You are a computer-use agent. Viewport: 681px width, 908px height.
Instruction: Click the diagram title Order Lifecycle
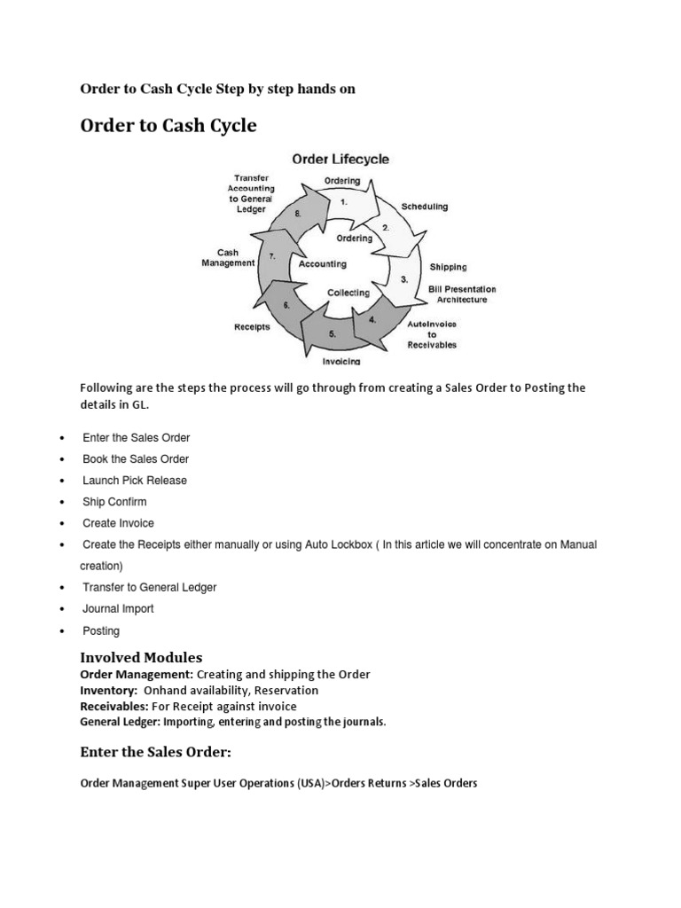tap(340, 160)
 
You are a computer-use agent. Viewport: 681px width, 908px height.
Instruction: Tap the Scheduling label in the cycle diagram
tap(425, 207)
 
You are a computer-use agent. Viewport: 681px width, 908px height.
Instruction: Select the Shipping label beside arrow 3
tap(448, 266)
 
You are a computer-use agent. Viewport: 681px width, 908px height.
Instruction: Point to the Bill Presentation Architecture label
tap(462, 294)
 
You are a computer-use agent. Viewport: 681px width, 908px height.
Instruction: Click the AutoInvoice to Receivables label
tap(432, 334)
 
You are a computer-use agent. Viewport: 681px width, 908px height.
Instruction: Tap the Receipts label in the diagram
tap(252, 325)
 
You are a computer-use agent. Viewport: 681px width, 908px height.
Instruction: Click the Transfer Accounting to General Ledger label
tap(252, 193)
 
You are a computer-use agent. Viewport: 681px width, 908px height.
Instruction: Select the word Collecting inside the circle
tap(348, 292)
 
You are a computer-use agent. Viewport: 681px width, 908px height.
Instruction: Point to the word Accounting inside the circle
tap(323, 263)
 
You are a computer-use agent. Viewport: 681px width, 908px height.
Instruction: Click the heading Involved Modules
tap(141, 657)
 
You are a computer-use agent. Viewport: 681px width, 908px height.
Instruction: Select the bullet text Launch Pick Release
tap(135, 480)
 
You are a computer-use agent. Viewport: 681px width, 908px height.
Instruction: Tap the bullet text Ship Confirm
tap(115, 502)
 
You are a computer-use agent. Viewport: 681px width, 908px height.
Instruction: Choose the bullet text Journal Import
tap(118, 608)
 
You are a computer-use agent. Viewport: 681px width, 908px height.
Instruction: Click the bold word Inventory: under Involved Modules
tap(108, 690)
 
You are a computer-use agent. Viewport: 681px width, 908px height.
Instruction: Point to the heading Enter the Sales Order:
tap(155, 753)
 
